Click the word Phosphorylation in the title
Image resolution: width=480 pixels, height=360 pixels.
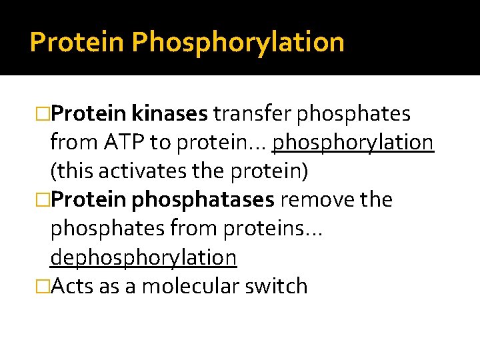coord(238,43)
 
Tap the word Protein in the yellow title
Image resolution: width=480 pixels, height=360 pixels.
coord(77,43)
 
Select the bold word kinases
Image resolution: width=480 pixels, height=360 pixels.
coord(170,115)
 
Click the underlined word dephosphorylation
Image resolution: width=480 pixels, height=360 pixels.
coord(143,257)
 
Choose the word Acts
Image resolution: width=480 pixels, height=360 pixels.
coord(73,286)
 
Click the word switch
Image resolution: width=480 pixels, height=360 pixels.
coord(277,286)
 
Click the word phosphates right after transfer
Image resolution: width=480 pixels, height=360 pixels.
coord(353,115)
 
